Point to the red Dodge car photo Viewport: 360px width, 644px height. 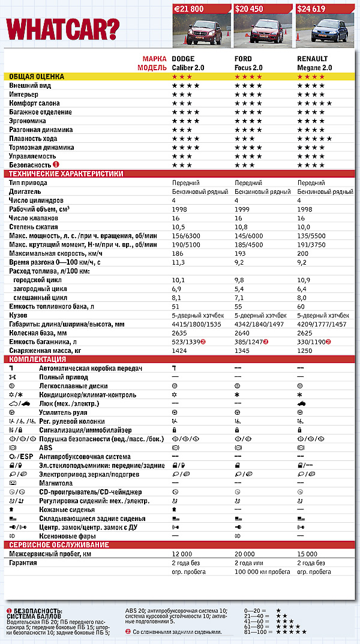pyautogui.click(x=200, y=32)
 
